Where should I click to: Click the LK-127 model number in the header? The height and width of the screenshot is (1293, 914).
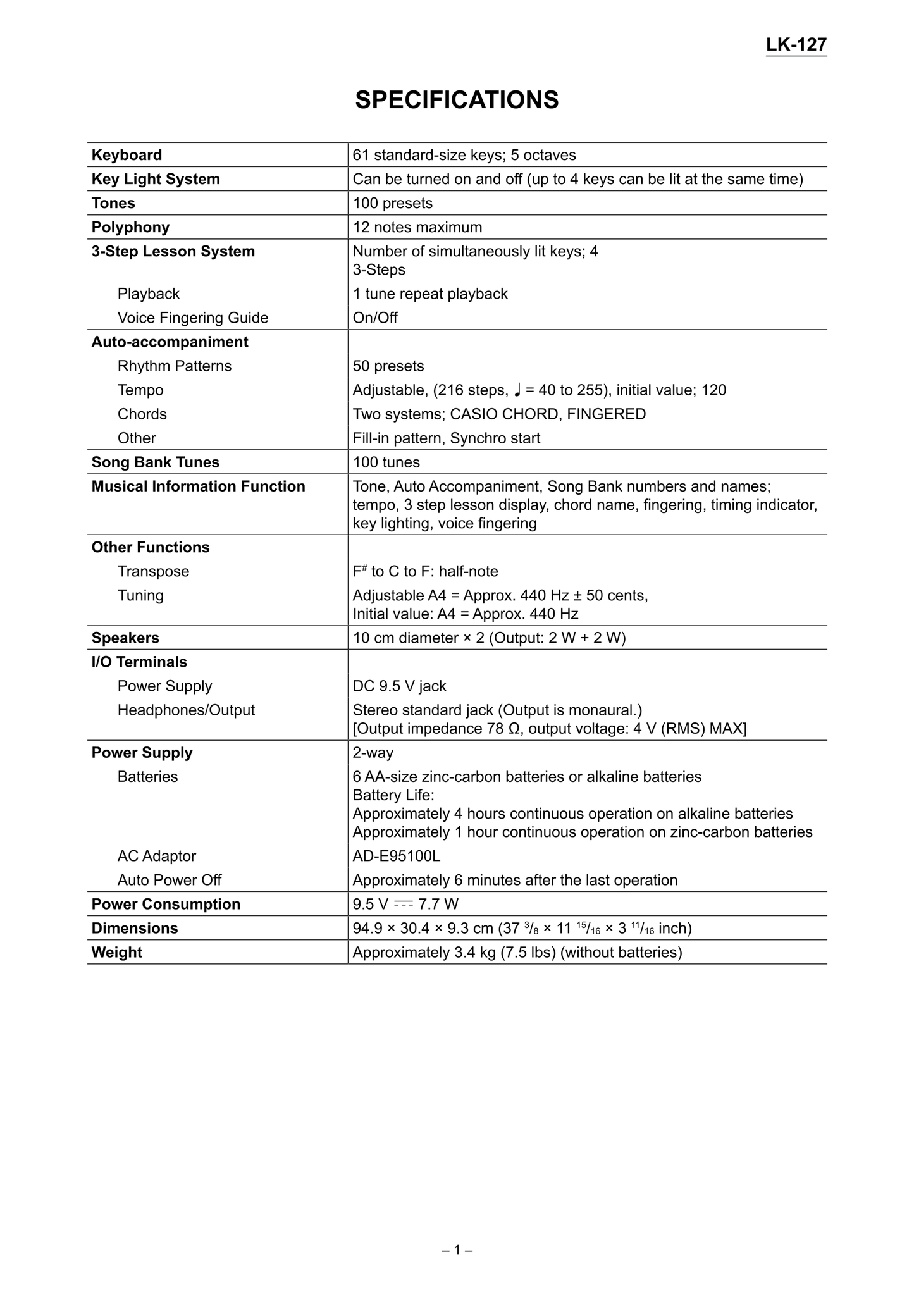(796, 45)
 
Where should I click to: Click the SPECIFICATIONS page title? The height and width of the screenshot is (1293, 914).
(457, 100)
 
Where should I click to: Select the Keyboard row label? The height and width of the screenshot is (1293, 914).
(127, 155)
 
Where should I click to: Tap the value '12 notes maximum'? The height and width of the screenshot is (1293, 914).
(417, 227)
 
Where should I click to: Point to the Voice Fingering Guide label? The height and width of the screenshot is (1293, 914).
(192, 318)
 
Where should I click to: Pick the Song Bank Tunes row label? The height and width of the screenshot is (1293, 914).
(155, 462)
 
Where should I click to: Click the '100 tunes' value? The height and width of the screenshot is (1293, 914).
(386, 462)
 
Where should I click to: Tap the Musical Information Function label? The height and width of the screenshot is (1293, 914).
(198, 486)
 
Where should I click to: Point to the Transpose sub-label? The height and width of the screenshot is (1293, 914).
(153, 571)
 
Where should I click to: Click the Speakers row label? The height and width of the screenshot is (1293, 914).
(125, 638)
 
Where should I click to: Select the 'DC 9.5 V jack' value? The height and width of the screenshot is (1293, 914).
(399, 686)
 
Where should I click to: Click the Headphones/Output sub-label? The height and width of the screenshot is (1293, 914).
(186, 710)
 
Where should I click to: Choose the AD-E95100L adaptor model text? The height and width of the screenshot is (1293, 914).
(396, 856)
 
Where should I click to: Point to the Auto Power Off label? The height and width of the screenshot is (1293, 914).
(169, 880)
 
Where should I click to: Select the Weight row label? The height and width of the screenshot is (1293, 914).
(116, 952)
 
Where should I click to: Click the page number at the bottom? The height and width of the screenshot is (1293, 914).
(457, 1250)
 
